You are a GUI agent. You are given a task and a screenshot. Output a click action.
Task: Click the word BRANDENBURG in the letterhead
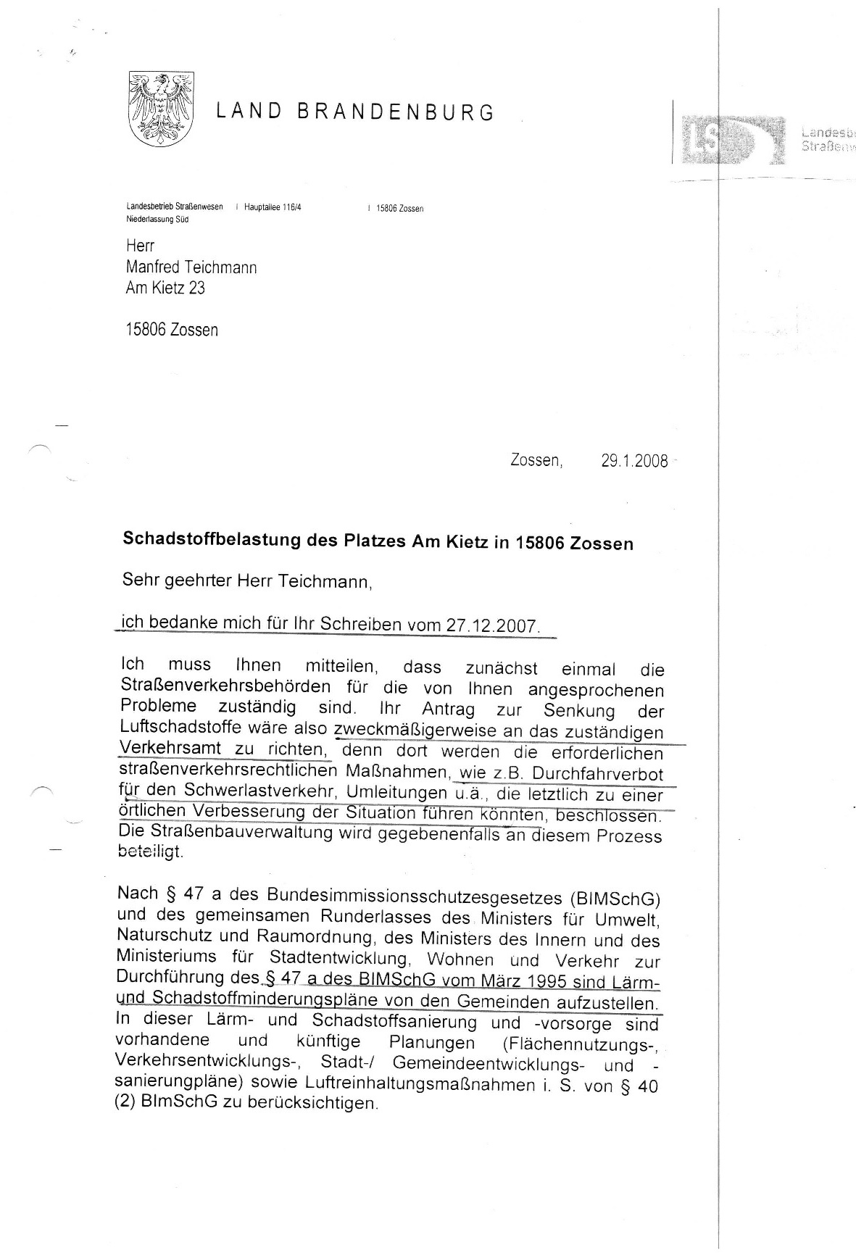coord(396,113)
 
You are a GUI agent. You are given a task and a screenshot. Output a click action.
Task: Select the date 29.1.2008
coord(634,461)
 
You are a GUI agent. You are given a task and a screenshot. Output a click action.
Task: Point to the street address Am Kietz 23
coord(165,288)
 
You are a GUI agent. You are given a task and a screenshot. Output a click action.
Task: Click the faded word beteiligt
coord(151,853)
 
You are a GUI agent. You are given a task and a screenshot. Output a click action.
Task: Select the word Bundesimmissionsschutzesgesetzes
coord(415,899)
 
